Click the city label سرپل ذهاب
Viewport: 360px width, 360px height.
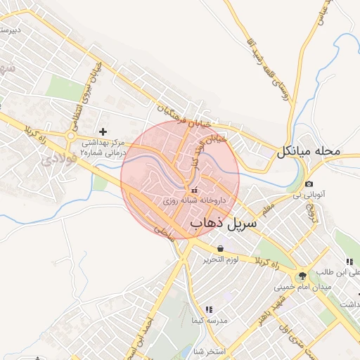coord(224,223)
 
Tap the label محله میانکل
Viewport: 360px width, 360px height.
coord(309,151)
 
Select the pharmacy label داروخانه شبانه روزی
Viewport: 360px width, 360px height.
coord(194,200)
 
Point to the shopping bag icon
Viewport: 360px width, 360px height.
coord(221,248)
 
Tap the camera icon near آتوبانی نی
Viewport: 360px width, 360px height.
coord(309,184)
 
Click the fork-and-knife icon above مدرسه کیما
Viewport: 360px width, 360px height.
coord(208,309)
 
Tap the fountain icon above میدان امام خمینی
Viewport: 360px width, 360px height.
coord(302,275)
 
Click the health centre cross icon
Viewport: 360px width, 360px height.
coord(103,131)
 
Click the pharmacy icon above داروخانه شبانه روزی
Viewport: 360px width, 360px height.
coord(194,190)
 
